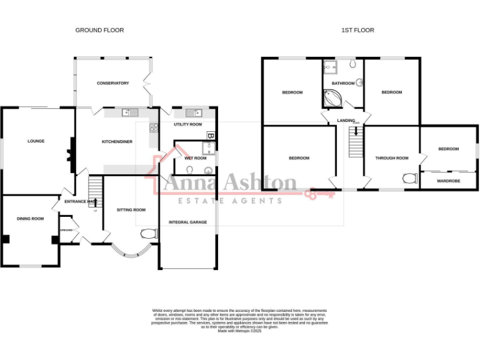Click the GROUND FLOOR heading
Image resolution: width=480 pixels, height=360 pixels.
99,30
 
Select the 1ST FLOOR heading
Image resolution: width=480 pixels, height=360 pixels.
357,30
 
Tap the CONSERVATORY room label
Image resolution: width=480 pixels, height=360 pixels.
112,83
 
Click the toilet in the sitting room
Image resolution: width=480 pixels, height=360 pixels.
149,234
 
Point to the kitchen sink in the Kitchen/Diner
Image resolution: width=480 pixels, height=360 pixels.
130,112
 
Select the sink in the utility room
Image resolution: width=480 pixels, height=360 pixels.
192,113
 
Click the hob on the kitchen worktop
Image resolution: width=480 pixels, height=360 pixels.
152,127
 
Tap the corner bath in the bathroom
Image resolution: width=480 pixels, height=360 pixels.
331,98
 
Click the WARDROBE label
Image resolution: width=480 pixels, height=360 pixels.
448,181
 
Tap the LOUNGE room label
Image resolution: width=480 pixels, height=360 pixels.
36,141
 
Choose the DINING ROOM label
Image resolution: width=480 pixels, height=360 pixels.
30,218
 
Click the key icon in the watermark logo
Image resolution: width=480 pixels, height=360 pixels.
319,193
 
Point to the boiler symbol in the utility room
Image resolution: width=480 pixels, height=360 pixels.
211,135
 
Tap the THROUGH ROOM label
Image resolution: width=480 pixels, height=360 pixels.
391,158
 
